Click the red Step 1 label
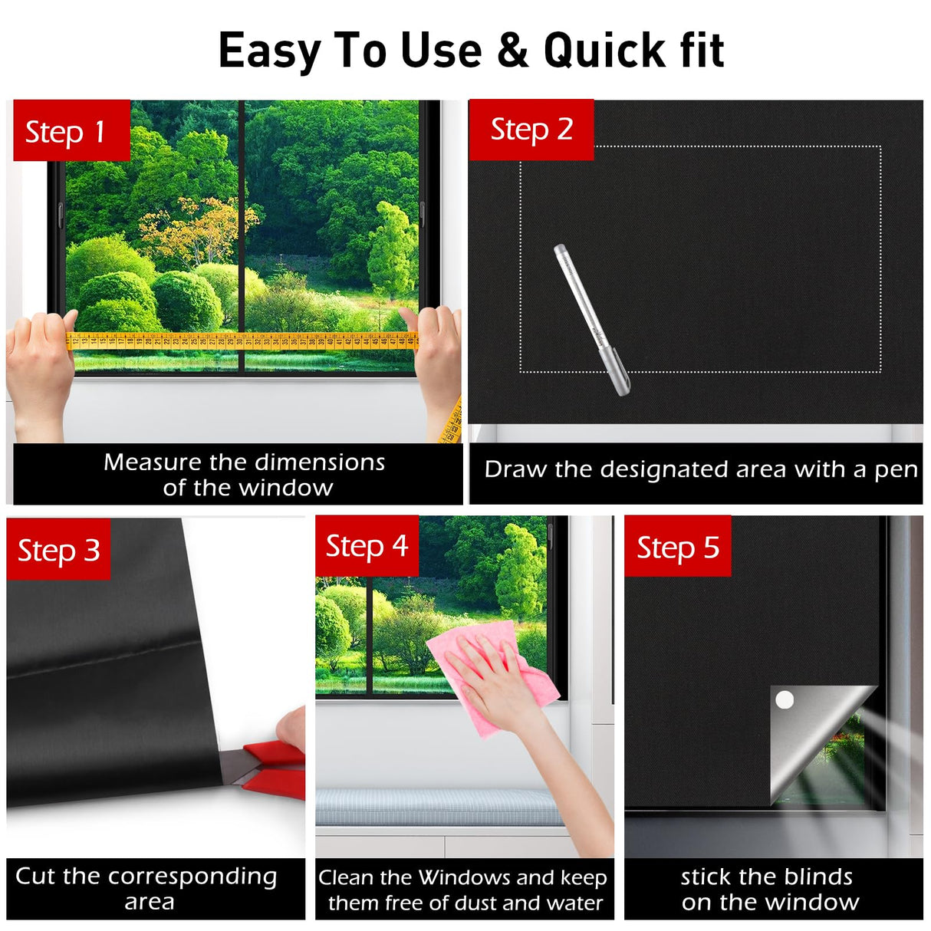71,130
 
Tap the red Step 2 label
531,130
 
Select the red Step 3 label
58,549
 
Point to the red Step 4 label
367,546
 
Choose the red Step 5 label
678,546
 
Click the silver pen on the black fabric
591,320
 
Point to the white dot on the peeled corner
785,699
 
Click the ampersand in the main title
512,51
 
